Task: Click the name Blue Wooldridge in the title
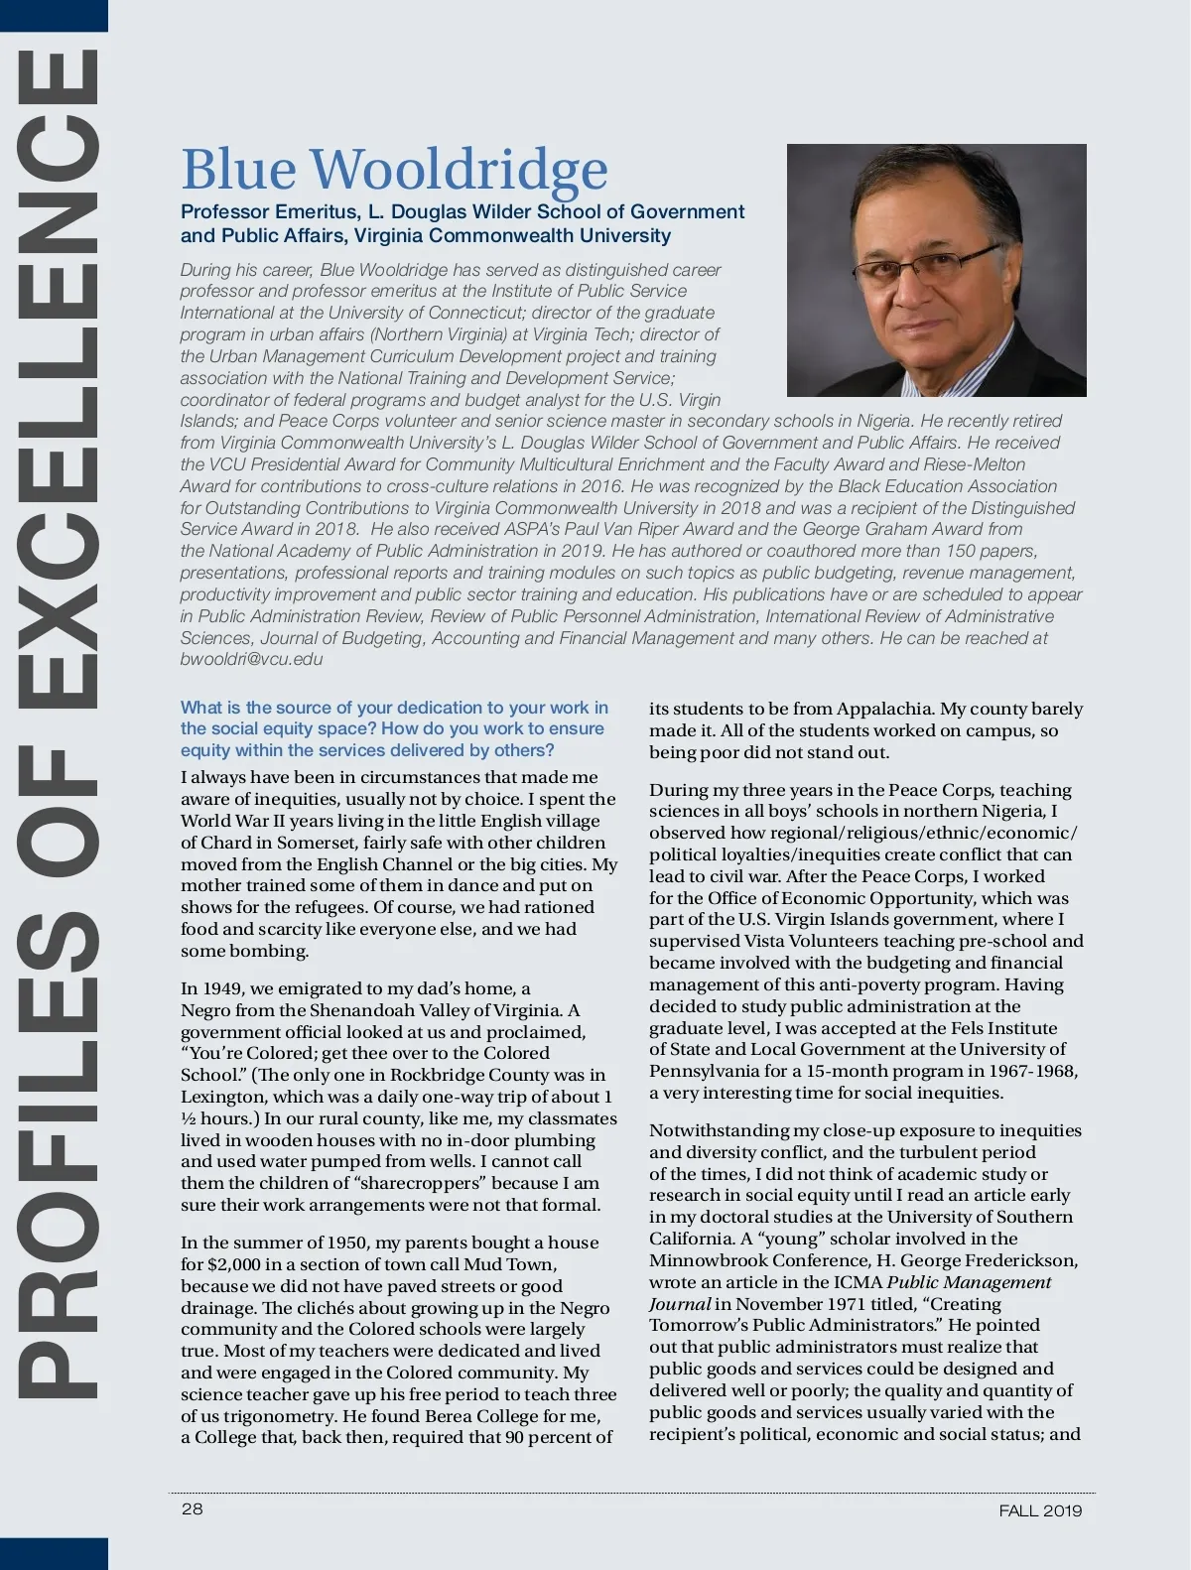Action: [x=394, y=169]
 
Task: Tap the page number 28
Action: [x=192, y=1508]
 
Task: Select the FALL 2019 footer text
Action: [x=1040, y=1510]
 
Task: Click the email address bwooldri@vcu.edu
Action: [x=251, y=659]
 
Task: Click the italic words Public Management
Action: [x=969, y=1282]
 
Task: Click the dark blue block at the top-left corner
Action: [x=54, y=15]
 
